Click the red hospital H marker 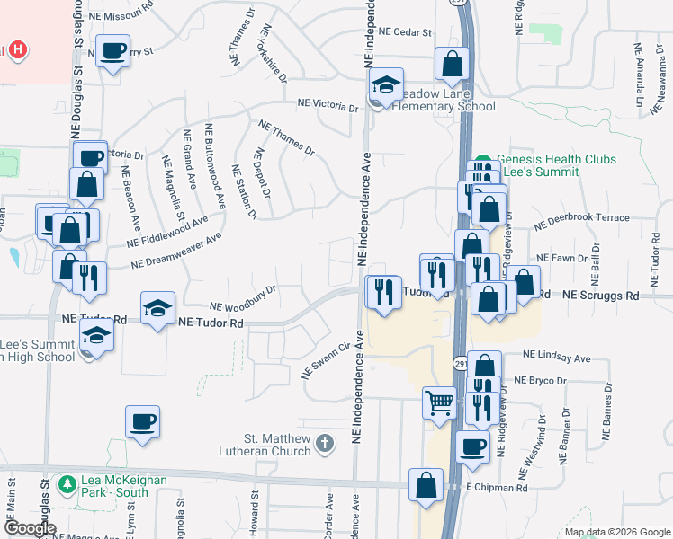point(15,50)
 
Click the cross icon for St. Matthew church point(324,443)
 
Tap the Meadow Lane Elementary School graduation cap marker point(385,86)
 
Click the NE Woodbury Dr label point(242,296)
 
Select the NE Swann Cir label point(325,360)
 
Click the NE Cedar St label point(406,31)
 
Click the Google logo point(29,528)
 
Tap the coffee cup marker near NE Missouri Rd point(113,51)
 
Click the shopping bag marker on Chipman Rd point(426,485)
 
